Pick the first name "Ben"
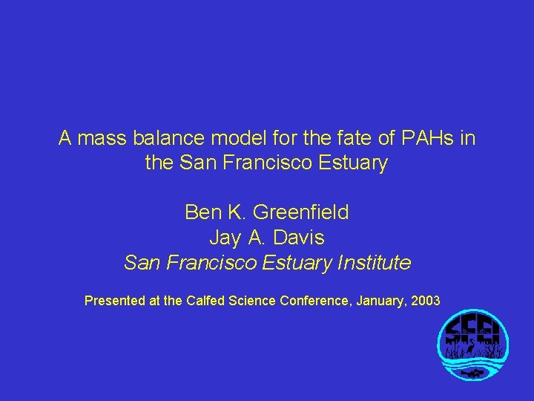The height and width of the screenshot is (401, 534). click(202, 213)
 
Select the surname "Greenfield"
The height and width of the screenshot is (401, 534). click(300, 213)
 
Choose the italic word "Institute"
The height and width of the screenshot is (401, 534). click(374, 263)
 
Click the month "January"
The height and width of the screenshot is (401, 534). click(380, 301)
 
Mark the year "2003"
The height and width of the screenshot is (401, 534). click(426, 301)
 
